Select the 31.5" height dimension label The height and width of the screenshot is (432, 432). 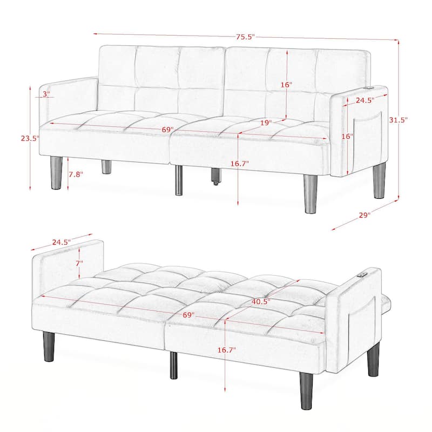point(399,120)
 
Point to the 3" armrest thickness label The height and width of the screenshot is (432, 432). point(46,94)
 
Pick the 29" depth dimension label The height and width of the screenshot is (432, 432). point(364,215)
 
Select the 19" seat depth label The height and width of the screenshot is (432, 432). point(265,123)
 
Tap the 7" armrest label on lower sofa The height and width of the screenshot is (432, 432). point(79,263)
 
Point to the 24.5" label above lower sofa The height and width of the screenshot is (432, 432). point(62,242)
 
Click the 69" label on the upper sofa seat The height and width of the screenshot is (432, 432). point(167,130)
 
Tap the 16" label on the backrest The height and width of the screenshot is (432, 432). point(286,85)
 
